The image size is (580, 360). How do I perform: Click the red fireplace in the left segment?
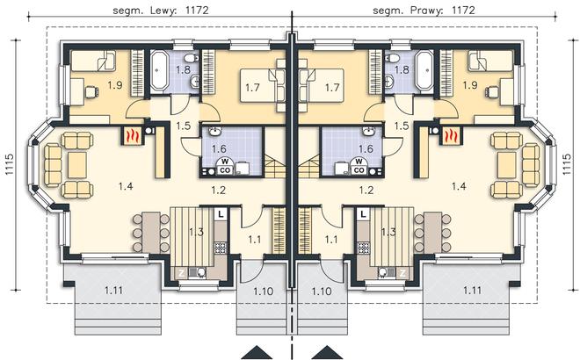tap(132, 135)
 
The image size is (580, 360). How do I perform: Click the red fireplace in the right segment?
tap(450, 135)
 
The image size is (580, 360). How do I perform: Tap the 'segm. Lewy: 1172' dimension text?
tap(161, 10)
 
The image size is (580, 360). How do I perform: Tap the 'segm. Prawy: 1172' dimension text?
tap(424, 10)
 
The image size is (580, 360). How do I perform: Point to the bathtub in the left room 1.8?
tap(159, 70)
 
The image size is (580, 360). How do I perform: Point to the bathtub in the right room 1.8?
tap(424, 70)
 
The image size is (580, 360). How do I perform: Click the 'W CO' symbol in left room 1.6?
tap(224, 166)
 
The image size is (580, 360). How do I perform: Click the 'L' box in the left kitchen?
tap(221, 214)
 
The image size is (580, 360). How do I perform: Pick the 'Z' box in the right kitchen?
tap(402, 273)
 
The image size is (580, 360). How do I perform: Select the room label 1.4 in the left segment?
tap(126, 186)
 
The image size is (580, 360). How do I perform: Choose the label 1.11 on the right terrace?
tap(473, 291)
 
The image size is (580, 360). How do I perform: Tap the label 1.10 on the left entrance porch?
tap(264, 292)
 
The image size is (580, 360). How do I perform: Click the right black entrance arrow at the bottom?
tap(326, 353)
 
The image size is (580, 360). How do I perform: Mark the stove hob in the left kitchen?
tap(221, 248)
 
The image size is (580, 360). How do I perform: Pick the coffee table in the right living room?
tap(506, 164)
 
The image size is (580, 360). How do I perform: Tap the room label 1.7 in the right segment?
tap(332, 88)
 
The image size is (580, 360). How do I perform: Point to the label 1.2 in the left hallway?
tap(218, 190)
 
